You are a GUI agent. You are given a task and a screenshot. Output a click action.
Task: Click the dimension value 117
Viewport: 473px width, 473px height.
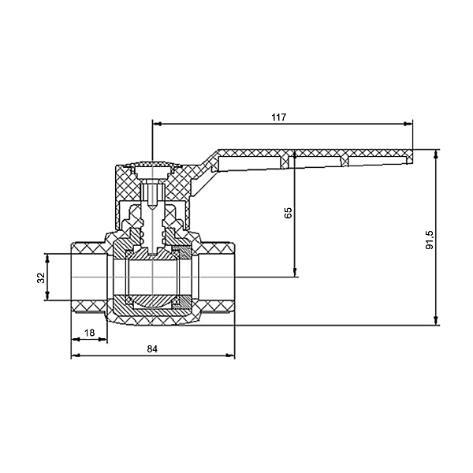(278, 117)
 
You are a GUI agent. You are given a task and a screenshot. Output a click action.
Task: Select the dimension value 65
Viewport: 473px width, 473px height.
(289, 213)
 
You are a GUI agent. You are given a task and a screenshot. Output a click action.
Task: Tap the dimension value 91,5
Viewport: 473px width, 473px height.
(430, 240)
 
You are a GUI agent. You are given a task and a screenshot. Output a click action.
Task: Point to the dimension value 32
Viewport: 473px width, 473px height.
(41, 277)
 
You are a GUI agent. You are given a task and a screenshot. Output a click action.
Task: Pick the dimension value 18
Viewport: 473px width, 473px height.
(90, 333)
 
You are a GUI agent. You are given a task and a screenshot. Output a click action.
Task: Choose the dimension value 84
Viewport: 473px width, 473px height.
(152, 349)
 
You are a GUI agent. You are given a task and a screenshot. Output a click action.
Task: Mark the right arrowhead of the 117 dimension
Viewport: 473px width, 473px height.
(408, 124)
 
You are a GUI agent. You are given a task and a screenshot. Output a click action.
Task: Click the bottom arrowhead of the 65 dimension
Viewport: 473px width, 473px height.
(295, 273)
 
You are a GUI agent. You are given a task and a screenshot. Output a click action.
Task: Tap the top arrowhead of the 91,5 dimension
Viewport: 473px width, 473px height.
(436, 154)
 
